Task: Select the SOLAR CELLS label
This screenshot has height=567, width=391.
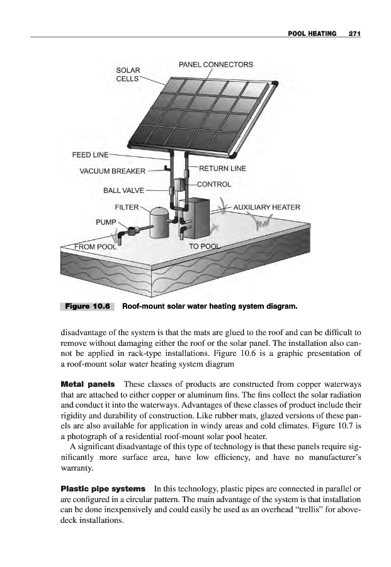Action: coord(128,74)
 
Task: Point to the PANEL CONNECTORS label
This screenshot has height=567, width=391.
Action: coord(216,64)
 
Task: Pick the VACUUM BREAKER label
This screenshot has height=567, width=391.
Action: coord(112,170)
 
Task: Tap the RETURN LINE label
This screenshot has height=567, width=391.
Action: coord(222,168)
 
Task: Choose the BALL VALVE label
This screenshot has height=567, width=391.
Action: coord(123,189)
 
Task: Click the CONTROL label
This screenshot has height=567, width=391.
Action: coord(215,185)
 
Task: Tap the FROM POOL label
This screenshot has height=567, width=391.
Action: coord(96,246)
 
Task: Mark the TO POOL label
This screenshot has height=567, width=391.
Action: coord(205,246)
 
